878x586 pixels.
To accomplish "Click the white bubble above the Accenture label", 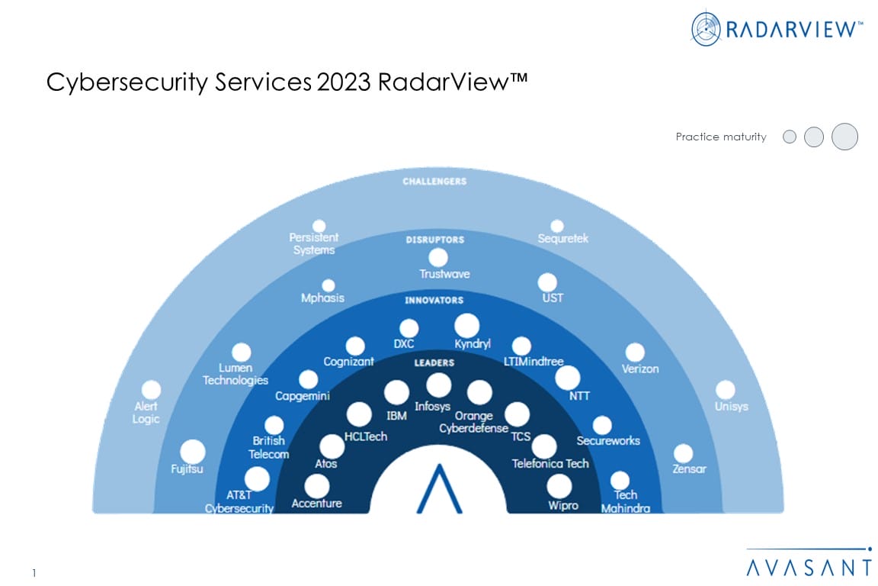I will coord(316,485).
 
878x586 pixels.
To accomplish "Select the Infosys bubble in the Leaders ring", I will coord(438,385).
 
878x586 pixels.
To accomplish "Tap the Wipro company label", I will coord(563,506).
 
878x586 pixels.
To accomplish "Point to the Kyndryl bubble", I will coord(466,325).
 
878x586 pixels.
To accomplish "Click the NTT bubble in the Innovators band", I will coord(567,377).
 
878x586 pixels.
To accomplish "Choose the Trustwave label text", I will coord(444,275).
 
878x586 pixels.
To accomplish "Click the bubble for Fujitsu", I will coord(192,452).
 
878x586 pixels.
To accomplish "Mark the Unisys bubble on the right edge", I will coord(726,390).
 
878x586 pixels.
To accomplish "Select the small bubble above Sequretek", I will coord(557,226).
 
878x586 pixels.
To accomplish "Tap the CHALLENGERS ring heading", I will coord(435,182).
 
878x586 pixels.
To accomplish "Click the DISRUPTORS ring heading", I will coord(434,240).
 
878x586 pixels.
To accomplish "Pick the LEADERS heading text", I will coord(434,362).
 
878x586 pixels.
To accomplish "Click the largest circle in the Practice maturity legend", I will coord(844,137).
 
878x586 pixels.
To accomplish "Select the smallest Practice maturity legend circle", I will coord(790,137).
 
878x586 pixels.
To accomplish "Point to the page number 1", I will coord(34,573).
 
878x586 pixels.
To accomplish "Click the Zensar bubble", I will coord(684,453).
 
